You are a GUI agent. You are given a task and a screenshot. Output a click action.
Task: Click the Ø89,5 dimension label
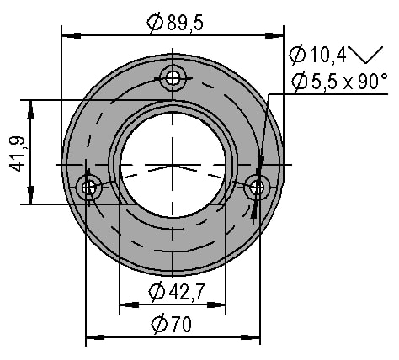click(x=174, y=23)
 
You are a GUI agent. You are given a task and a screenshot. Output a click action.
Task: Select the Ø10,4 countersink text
click(x=317, y=55)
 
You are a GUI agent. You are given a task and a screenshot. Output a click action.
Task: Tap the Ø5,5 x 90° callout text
click(x=340, y=82)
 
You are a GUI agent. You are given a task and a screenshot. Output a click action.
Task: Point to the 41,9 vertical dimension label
click(x=17, y=154)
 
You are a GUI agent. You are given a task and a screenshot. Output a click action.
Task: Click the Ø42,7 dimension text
click(x=177, y=292)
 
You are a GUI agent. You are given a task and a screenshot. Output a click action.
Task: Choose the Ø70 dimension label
click(x=172, y=324)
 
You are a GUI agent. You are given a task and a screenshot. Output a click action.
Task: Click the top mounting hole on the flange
click(x=173, y=77)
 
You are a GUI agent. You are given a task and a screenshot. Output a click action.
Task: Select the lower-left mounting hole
click(x=89, y=188)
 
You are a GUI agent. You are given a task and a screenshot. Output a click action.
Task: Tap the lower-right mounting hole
click(x=257, y=188)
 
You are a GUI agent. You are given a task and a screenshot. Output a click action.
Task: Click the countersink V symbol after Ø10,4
click(x=366, y=55)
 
